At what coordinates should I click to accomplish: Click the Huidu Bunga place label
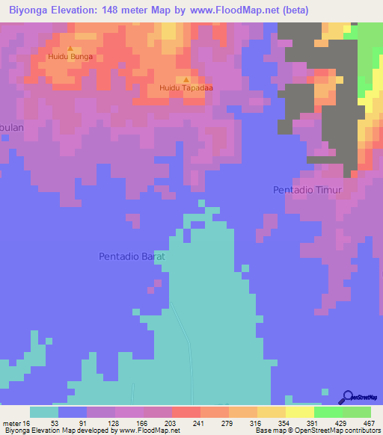[70, 55]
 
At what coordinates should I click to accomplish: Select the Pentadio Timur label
[307, 191]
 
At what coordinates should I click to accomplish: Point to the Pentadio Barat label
[132, 256]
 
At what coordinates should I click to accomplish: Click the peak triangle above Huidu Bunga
[70, 48]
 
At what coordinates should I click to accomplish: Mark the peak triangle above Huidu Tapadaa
[186, 79]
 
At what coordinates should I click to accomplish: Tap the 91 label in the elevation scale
[73, 422]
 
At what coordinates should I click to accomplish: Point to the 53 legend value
[44, 422]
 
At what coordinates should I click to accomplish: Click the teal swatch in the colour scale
[44, 412]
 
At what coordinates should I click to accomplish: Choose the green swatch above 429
[328, 412]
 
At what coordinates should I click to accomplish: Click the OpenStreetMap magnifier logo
[348, 397]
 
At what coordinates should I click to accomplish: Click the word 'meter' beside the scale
[13, 422]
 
